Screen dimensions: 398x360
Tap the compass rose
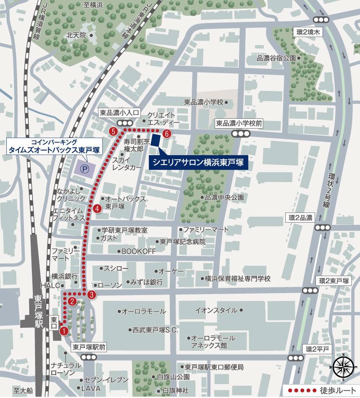(x=343, y=365)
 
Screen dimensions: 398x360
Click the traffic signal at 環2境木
(x=321, y=19)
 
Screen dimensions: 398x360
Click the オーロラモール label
(x=144, y=311)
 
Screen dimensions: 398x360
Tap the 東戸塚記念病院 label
(x=182, y=242)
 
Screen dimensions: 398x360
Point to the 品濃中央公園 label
(x=224, y=197)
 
